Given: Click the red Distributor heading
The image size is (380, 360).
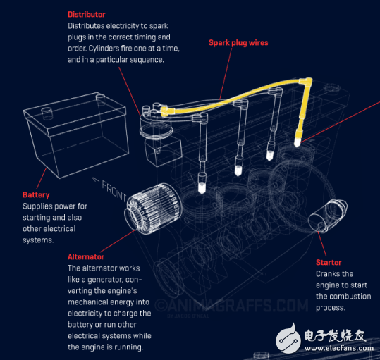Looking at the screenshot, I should pos(86,14).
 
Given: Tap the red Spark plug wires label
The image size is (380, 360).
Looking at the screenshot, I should pos(238,43).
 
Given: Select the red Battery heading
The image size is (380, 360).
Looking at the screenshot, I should pos(36,195).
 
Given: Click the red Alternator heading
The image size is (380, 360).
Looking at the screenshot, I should pos(86,257).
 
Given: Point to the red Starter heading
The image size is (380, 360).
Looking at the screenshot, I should pos(329,263).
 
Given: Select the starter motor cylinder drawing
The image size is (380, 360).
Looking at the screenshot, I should pos(329,213).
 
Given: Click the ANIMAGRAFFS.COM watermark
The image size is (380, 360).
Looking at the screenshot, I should pos(233,306).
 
